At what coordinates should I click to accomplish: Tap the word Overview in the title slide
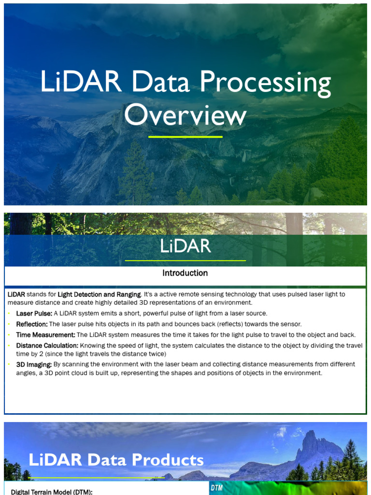[185, 116]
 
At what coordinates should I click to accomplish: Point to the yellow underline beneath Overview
[185, 137]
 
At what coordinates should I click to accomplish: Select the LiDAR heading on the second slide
[185, 247]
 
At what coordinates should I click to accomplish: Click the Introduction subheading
[185, 273]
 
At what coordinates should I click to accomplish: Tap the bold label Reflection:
[32, 324]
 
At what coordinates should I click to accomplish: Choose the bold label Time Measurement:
[45, 335]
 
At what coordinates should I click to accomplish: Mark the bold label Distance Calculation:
[47, 346]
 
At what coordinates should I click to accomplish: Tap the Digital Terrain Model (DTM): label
[52, 492]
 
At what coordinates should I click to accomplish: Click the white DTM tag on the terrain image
[216, 488]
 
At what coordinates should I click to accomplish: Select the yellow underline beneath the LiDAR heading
[185, 261]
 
